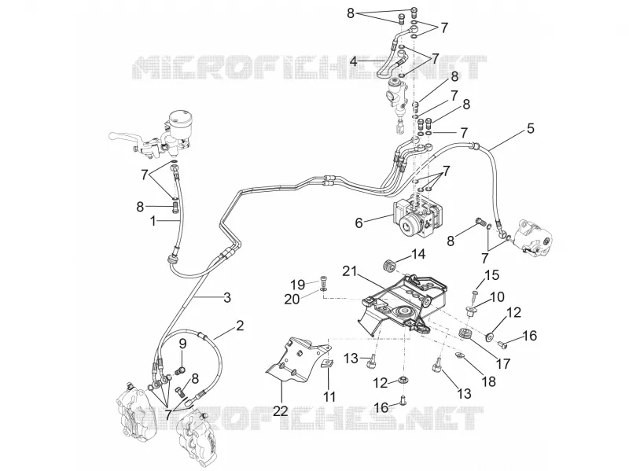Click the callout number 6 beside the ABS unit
(x=359, y=223)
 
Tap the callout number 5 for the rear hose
(x=530, y=129)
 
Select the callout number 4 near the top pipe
(x=353, y=62)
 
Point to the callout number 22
(x=281, y=410)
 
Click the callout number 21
(x=350, y=271)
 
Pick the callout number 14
(x=417, y=254)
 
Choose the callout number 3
(x=227, y=298)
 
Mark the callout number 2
(x=240, y=325)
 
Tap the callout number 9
(x=182, y=344)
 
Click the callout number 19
(x=298, y=285)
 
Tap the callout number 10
(x=497, y=297)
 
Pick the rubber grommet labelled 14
(x=388, y=266)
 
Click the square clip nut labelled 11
(x=329, y=363)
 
